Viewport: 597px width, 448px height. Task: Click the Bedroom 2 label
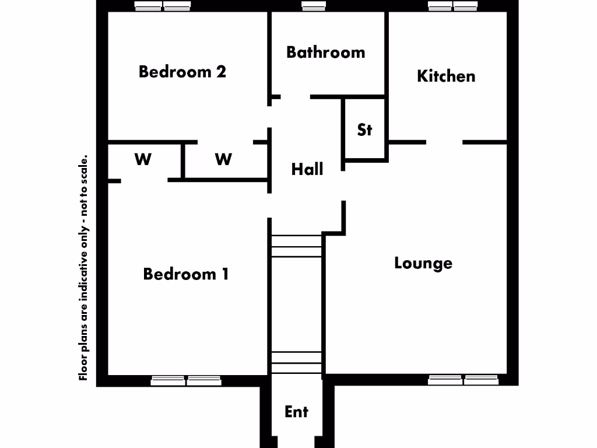182,72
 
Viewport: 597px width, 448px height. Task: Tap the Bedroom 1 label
185,274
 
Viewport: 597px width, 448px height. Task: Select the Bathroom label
325,52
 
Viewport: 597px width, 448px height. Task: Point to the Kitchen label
446,76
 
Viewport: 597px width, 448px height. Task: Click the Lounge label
423,262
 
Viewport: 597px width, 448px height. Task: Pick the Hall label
307,170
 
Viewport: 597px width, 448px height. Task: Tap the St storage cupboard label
364,129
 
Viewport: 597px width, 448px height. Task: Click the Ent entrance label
296,411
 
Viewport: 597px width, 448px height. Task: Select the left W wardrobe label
143,159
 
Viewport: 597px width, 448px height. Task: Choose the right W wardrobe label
223,159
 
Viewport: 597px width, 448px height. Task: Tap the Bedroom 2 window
163,6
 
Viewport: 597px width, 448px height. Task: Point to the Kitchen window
452,6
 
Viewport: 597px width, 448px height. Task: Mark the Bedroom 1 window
186,381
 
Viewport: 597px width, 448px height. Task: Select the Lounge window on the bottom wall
463,380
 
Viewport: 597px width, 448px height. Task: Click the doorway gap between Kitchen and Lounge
444,142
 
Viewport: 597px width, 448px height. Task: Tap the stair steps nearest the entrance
297,362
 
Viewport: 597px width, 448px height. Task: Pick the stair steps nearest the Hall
297,246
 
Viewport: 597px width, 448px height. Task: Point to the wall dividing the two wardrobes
182,160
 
